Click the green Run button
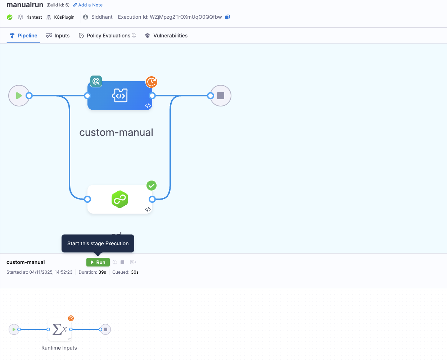tap(98, 262)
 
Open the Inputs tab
tap(58, 36)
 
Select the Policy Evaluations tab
tap(108, 36)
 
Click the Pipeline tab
tap(24, 36)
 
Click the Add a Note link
tap(88, 5)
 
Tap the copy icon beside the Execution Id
tap(227, 17)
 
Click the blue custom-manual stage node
tap(119, 96)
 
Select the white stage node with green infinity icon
tap(119, 199)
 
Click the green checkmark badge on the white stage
tap(152, 186)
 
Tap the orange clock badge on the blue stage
tap(152, 82)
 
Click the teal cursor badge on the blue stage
tap(96, 82)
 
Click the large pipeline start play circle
tap(19, 96)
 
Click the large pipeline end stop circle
tap(221, 96)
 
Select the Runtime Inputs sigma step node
tap(59, 329)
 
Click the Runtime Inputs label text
tap(59, 348)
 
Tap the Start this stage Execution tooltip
tap(98, 243)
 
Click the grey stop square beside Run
tap(122, 262)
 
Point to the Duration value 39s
tap(102, 272)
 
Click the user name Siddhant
tap(102, 17)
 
